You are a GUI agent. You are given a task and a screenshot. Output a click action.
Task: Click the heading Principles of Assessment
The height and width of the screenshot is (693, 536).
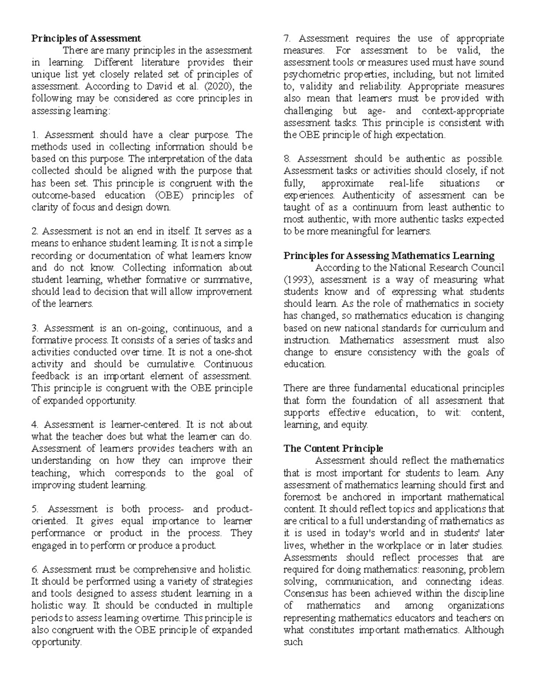86,38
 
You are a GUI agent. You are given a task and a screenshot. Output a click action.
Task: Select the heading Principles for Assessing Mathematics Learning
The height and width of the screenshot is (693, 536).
389,256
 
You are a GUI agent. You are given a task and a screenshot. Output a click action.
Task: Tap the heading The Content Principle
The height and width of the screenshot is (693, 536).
333,448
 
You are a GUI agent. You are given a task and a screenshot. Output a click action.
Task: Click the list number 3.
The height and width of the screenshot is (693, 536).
35,328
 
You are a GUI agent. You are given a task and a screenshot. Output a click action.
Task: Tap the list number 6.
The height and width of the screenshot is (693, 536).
35,569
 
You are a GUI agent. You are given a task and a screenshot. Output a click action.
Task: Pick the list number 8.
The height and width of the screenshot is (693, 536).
287,159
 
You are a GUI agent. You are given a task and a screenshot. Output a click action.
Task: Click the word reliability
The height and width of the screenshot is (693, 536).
379,86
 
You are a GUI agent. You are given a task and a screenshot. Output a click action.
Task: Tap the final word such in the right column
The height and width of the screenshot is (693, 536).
293,642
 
